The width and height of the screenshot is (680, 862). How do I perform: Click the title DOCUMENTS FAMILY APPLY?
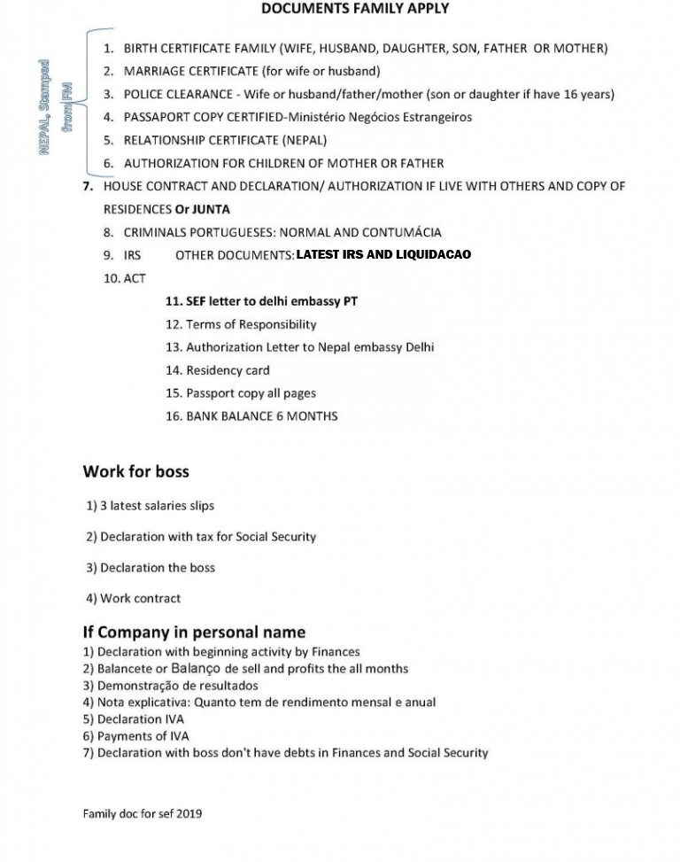tap(355, 9)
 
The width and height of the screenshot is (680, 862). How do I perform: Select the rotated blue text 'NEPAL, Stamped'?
tap(44, 106)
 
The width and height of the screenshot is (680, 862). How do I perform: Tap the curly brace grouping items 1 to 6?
tap(86, 102)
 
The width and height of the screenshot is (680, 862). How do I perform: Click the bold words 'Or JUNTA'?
tap(203, 209)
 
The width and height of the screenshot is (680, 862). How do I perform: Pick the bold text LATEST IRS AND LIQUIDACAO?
tap(383, 255)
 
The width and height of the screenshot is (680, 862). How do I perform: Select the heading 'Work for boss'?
tap(135, 471)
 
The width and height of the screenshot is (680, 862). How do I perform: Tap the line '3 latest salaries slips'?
tap(150, 506)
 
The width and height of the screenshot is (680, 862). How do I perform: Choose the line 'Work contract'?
tap(133, 598)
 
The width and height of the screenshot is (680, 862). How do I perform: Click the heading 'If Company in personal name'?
tap(194, 632)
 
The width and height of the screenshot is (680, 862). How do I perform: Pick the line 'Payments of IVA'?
tap(135, 735)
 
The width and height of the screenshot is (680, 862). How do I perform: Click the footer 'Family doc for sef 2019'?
tap(142, 812)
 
